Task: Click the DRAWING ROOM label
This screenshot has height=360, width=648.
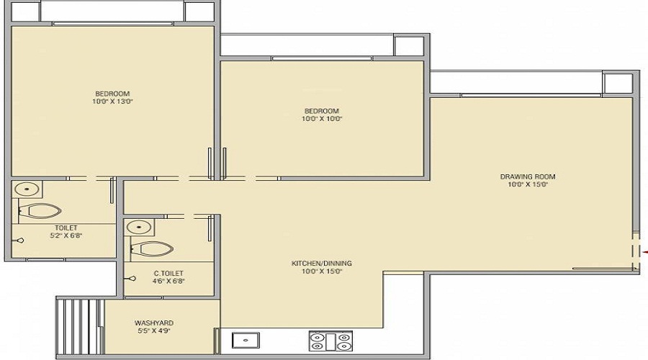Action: click(x=528, y=176)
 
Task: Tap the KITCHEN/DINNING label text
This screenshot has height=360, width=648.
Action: click(x=322, y=264)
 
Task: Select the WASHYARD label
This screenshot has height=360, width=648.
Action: click(x=154, y=323)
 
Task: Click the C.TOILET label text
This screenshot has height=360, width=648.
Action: click(x=168, y=273)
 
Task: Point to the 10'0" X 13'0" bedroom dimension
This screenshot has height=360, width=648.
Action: click(x=112, y=102)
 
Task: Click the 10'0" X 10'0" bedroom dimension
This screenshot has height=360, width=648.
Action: click(x=322, y=119)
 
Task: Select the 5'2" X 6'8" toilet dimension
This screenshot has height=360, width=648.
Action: click(x=66, y=235)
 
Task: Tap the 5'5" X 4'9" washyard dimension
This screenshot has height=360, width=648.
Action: click(x=154, y=330)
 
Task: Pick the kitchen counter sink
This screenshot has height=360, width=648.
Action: click(x=246, y=341)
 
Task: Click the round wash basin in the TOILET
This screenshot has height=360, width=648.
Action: click(x=27, y=189)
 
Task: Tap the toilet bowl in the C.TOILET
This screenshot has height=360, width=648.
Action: click(x=152, y=249)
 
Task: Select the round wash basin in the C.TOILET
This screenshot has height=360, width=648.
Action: click(x=139, y=227)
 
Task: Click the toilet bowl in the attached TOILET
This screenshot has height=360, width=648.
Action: click(x=40, y=211)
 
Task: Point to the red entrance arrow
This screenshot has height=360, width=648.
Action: click(x=645, y=251)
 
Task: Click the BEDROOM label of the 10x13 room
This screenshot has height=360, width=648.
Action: click(x=112, y=94)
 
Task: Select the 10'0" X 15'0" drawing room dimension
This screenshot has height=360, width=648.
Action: click(x=528, y=185)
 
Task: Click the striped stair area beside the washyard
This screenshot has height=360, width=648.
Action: click(x=79, y=327)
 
